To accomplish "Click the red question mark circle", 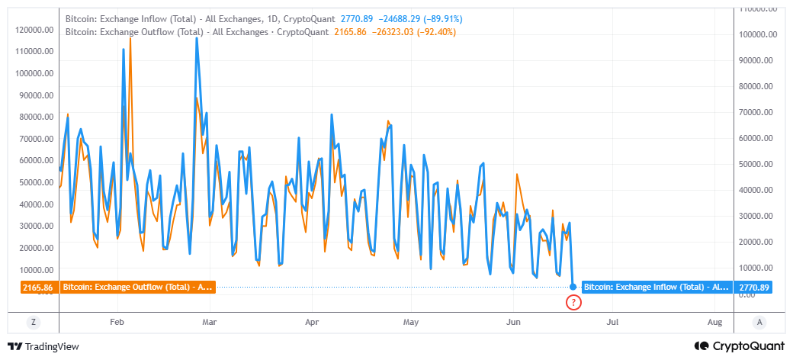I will click(x=574, y=302).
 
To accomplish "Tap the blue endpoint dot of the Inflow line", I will click(x=573, y=287).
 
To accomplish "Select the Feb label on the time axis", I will click(x=117, y=323).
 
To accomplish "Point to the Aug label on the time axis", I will click(x=714, y=323).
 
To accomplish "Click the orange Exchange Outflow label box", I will click(x=137, y=288).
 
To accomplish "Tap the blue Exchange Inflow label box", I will click(x=657, y=288).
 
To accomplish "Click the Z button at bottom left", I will click(x=34, y=323).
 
